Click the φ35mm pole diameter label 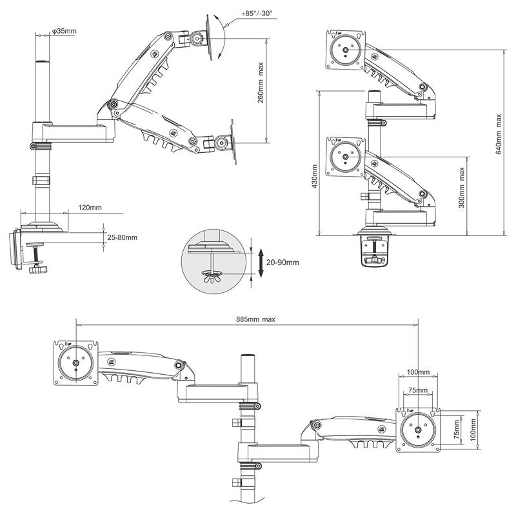[x=64, y=31]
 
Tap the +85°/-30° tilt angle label [x=257, y=14]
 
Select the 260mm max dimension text [x=261, y=83]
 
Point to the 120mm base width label [x=90, y=208]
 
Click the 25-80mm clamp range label [x=122, y=237]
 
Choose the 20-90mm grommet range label [x=283, y=263]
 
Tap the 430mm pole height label [x=315, y=177]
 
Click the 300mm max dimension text [x=462, y=188]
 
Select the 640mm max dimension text [x=499, y=134]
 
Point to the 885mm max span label [x=255, y=319]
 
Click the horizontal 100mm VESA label [x=418, y=372]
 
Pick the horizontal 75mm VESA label [x=418, y=390]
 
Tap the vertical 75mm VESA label [x=457, y=430]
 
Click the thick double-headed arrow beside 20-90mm [x=261, y=263]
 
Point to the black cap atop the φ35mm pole [x=42, y=62]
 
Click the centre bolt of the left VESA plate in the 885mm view [x=75, y=363]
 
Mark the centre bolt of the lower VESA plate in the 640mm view [x=345, y=157]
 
